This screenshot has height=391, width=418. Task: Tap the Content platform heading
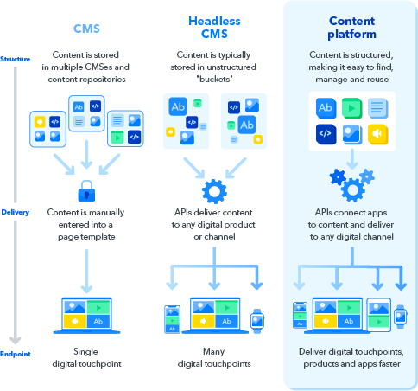[351, 28]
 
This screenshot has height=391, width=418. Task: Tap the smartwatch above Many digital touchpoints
[256, 319]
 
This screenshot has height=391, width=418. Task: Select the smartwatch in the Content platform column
[401, 317]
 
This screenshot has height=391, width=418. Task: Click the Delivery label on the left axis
[16, 212]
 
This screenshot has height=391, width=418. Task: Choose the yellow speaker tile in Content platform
[377, 133]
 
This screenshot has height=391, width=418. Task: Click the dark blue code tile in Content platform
[326, 133]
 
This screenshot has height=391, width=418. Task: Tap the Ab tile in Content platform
[326, 108]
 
